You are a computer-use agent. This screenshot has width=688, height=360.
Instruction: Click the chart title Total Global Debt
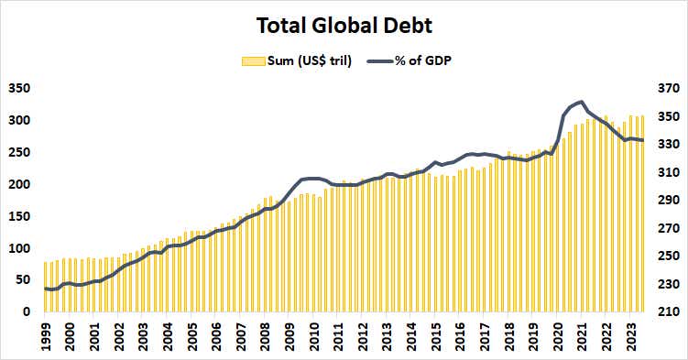point(344,25)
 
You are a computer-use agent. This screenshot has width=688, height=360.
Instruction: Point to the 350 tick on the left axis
point(18,89)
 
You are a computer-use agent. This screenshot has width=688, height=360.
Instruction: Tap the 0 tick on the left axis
point(27,312)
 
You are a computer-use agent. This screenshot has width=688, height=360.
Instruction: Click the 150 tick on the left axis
point(18,216)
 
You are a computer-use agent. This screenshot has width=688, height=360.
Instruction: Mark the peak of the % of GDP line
point(582,102)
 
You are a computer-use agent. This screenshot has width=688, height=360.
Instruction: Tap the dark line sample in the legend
point(380,61)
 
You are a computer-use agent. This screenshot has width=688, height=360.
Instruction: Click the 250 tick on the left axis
point(18,153)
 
